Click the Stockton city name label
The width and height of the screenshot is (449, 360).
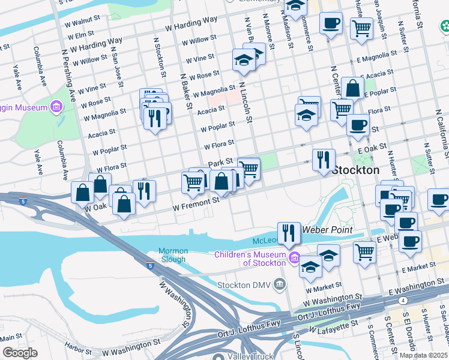coord(356,170)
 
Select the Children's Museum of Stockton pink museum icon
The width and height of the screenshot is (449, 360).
coord(294,259)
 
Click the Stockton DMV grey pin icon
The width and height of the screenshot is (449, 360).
coord(280,283)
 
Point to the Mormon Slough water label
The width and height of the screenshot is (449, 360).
coord(173,255)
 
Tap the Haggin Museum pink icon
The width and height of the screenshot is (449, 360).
coord(57,107)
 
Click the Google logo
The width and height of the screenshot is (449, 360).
coord(20,353)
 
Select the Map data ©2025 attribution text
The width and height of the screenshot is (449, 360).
coord(423,355)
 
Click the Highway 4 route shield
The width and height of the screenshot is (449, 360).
coord(404,300)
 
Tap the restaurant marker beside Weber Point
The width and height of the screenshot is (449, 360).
coord(289,232)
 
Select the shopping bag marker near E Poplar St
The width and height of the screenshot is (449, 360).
coord(353,88)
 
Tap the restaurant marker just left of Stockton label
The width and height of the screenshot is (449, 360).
coord(323,160)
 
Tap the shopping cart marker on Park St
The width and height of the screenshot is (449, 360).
coord(249,169)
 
